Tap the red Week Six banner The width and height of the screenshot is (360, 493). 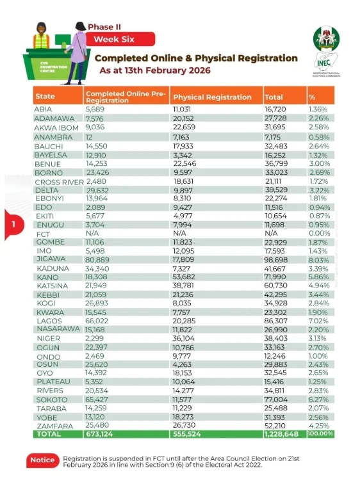[119, 39]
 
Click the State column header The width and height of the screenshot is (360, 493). [45, 97]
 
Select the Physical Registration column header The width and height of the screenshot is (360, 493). [212, 97]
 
